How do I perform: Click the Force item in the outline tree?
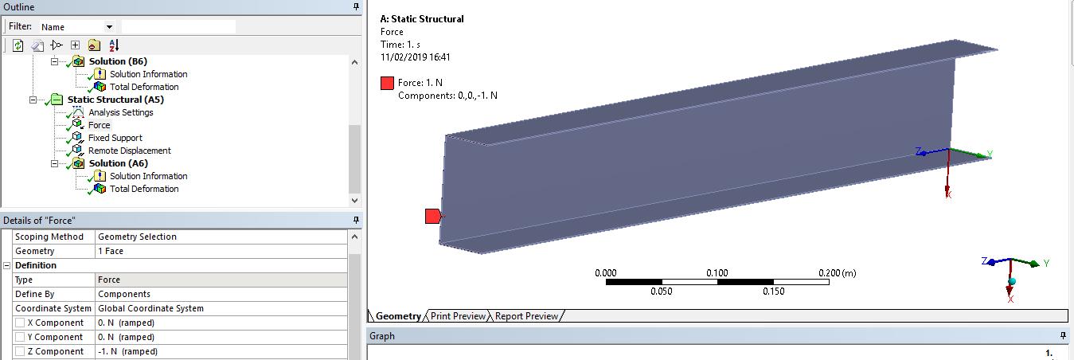[x=99, y=125]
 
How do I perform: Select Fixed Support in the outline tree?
[x=115, y=138]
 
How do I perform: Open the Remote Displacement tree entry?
[x=130, y=151]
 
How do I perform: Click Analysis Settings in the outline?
[x=121, y=112]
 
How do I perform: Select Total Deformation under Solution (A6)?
[x=144, y=189]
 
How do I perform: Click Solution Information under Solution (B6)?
[x=149, y=74]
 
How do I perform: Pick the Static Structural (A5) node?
[x=115, y=100]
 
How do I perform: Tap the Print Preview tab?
[x=458, y=316]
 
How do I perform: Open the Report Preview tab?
[x=526, y=316]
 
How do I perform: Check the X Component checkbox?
[x=20, y=323]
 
